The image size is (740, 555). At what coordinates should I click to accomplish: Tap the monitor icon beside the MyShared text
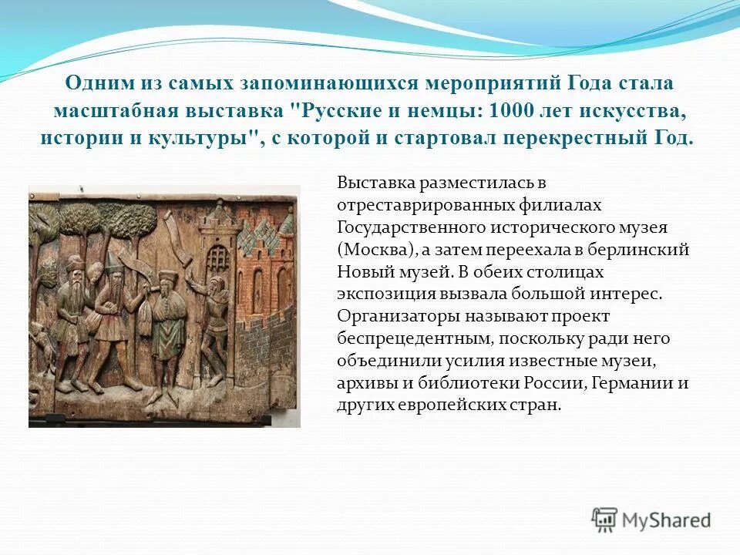pyautogui.click(x=605, y=520)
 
